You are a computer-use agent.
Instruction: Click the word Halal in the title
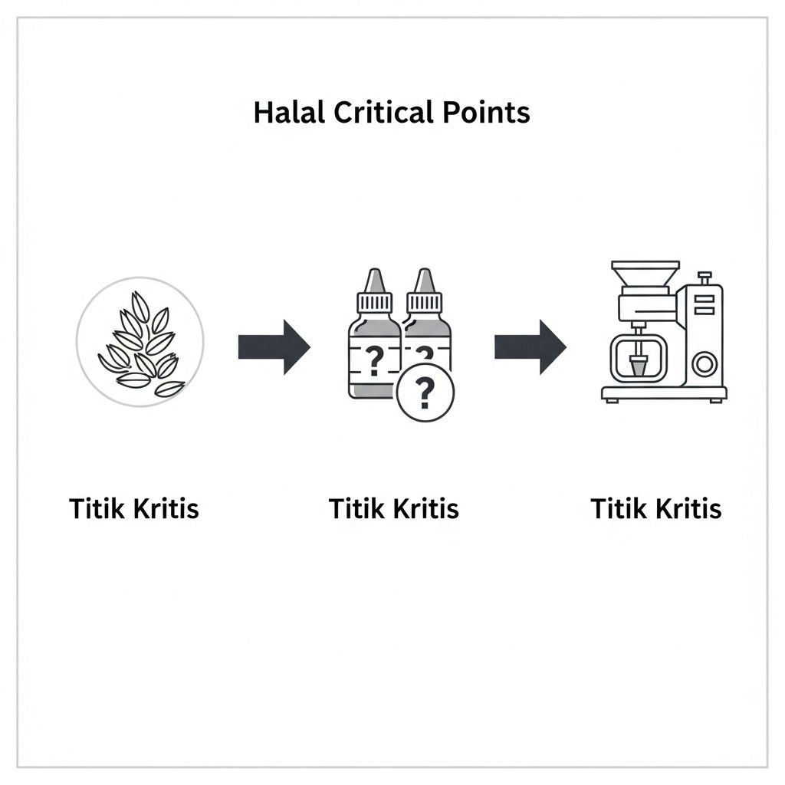point(289,112)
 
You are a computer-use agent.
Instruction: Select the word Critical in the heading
point(383,112)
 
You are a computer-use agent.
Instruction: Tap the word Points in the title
point(486,112)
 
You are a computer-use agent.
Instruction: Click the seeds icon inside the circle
point(141,345)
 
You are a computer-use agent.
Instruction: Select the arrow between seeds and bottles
point(274,347)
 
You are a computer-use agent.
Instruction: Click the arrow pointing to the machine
point(530,347)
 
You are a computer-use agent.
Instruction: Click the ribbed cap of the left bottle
point(375,302)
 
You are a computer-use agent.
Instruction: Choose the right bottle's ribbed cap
point(425,302)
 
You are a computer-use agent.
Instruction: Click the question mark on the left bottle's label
point(374,360)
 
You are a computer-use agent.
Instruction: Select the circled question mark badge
point(425,392)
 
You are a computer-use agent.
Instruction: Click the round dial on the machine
point(705,364)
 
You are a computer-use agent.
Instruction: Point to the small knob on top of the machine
point(705,278)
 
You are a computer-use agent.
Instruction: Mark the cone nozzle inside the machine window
point(639,365)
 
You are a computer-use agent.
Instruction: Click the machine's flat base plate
point(664,393)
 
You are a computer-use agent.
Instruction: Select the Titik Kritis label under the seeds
point(134,509)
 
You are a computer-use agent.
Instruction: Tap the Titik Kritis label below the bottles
point(393,509)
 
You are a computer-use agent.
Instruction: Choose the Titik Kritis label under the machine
point(656,509)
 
